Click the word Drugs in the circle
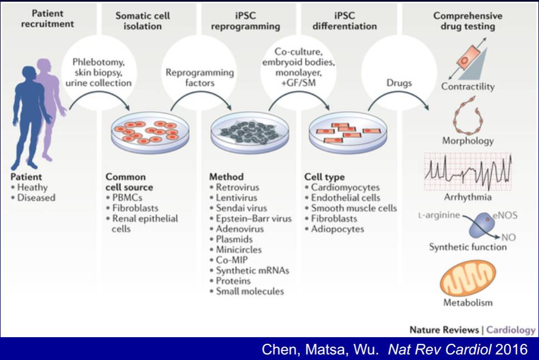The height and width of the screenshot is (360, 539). click(x=399, y=83)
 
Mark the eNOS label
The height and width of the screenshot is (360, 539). click(x=505, y=215)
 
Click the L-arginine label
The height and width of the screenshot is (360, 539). click(x=442, y=215)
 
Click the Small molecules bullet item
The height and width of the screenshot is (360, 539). click(x=250, y=291)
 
